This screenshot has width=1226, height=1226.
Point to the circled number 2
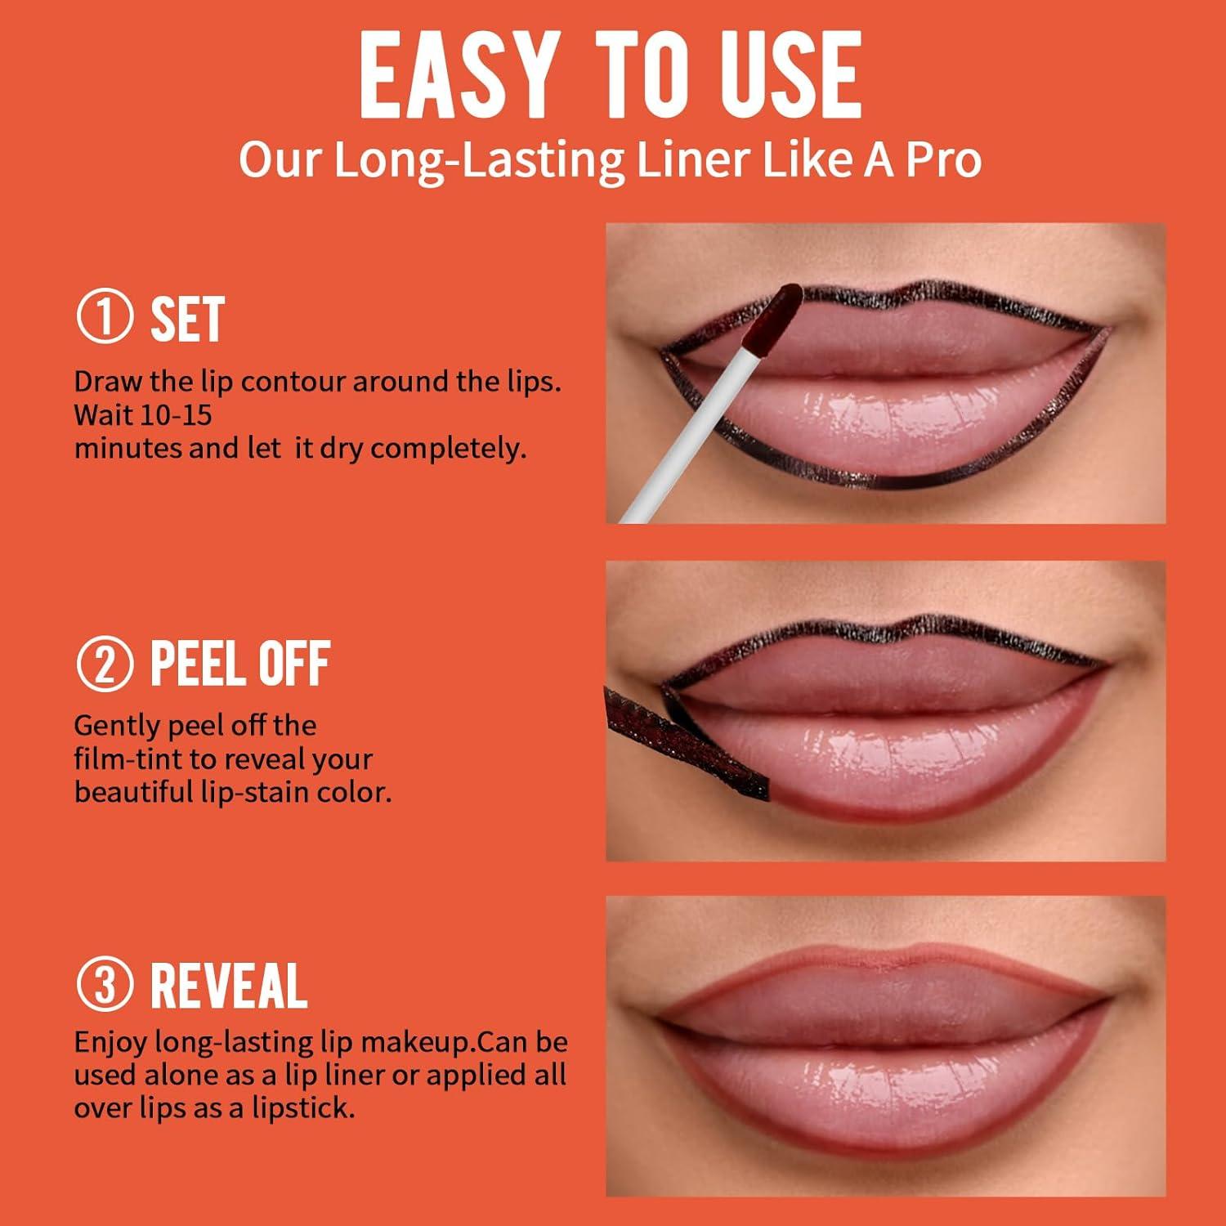104,664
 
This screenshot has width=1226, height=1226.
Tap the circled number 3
104,985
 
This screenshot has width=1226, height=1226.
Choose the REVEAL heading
229,986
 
